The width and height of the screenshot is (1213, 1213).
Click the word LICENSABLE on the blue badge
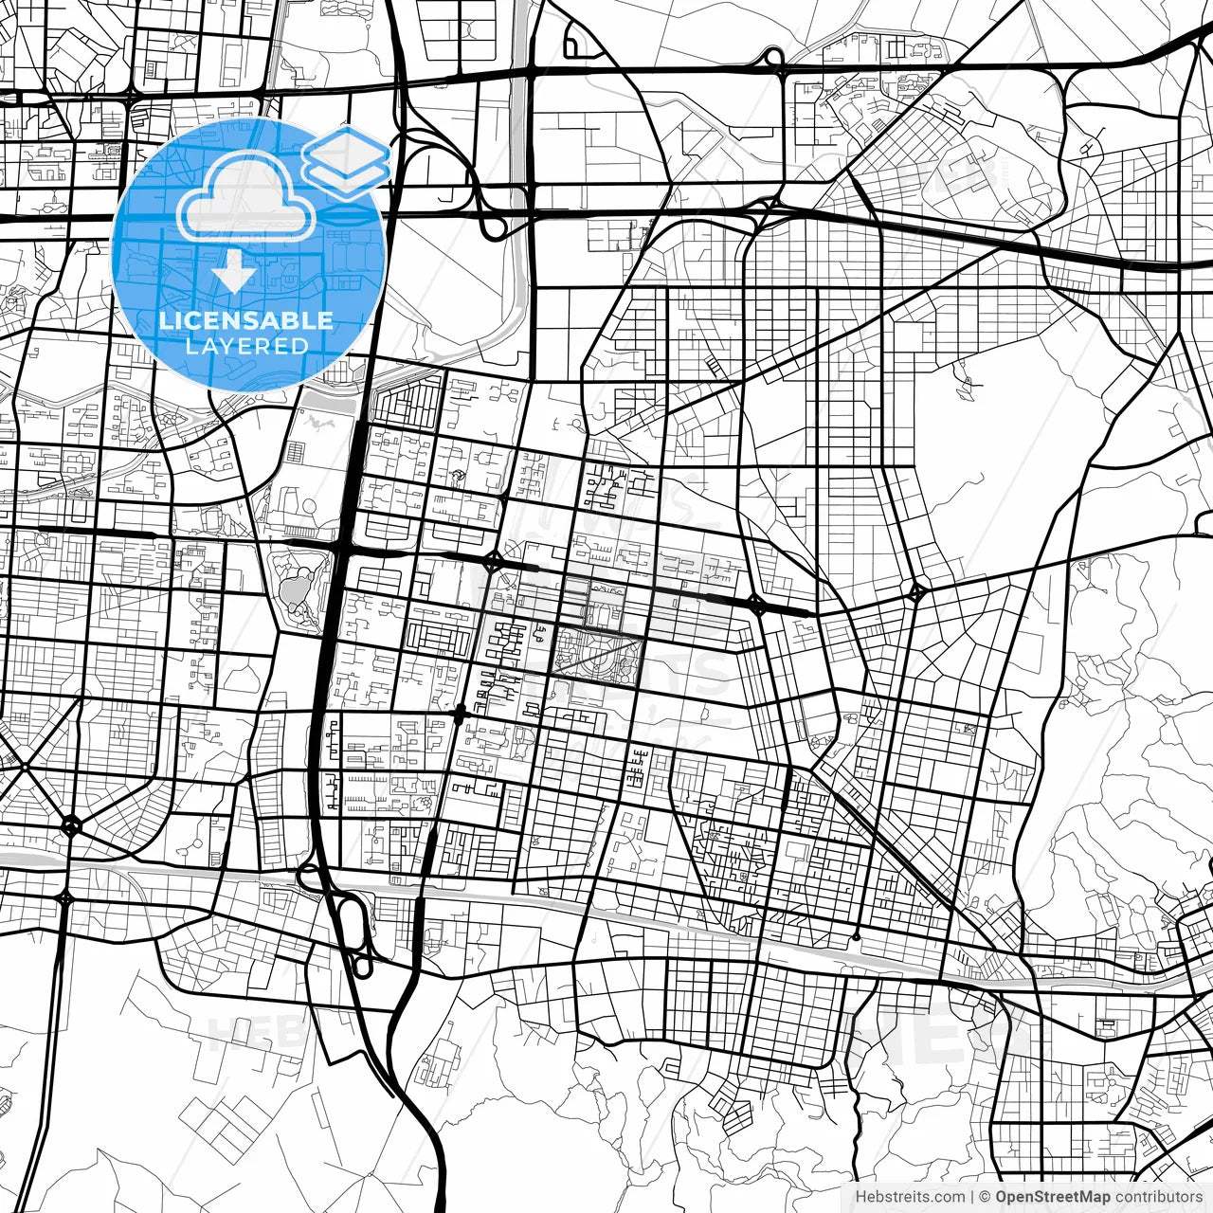246,320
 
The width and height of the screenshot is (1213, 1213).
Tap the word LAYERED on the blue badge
246,346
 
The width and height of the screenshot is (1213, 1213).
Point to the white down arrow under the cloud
233,275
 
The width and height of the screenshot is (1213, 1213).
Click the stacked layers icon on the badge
347,160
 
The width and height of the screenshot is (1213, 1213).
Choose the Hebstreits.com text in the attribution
910,1197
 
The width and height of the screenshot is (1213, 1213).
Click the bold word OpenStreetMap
1052,1197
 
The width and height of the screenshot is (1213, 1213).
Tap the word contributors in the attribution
1157,1197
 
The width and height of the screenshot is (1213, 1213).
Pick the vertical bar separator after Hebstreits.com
973,1197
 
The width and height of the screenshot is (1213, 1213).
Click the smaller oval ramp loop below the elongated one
362,967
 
